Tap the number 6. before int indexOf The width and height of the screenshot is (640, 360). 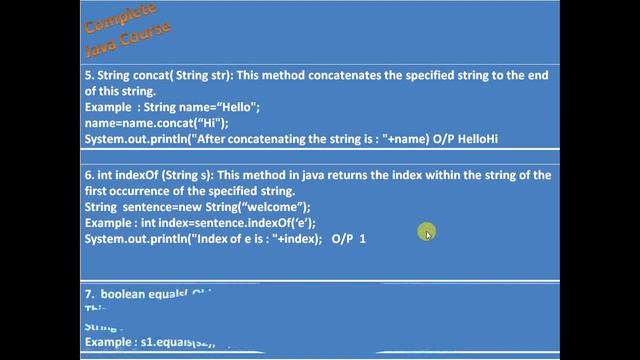(x=88, y=175)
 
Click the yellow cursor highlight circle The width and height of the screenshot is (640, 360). (x=427, y=233)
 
